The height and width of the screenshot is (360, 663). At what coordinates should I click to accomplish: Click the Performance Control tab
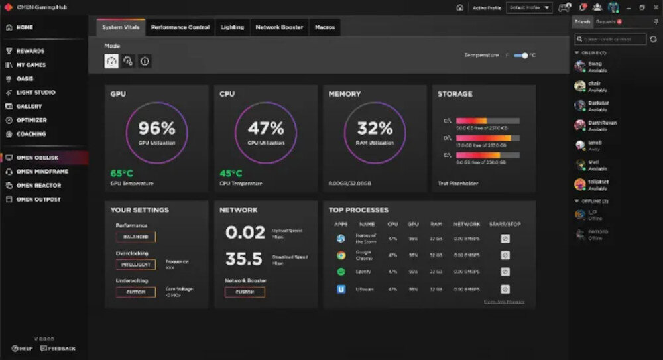click(180, 27)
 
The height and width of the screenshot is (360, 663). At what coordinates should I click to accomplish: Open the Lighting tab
click(232, 27)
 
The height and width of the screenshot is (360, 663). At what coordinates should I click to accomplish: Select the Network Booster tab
click(279, 27)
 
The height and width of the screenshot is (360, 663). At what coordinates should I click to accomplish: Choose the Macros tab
click(325, 27)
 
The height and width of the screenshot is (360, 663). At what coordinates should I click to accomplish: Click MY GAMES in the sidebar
click(31, 65)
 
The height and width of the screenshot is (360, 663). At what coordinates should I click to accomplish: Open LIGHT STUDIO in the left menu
click(36, 93)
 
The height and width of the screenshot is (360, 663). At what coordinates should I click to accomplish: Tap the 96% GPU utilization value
click(156, 128)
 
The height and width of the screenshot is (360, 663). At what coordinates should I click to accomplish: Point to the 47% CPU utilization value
click(266, 128)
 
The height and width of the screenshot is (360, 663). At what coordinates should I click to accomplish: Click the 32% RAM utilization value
click(375, 128)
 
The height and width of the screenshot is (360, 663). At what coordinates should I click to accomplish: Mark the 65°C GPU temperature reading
click(121, 174)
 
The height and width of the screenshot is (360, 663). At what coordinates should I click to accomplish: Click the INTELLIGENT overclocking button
click(136, 264)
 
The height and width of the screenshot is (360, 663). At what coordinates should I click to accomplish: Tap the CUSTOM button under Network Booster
click(245, 292)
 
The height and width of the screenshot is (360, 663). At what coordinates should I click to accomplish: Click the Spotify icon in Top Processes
click(341, 272)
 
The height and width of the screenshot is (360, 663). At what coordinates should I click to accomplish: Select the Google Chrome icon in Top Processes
click(341, 255)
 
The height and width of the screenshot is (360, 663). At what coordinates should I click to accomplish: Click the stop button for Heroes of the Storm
click(505, 237)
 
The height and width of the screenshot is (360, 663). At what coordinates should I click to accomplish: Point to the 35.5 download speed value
click(244, 259)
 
